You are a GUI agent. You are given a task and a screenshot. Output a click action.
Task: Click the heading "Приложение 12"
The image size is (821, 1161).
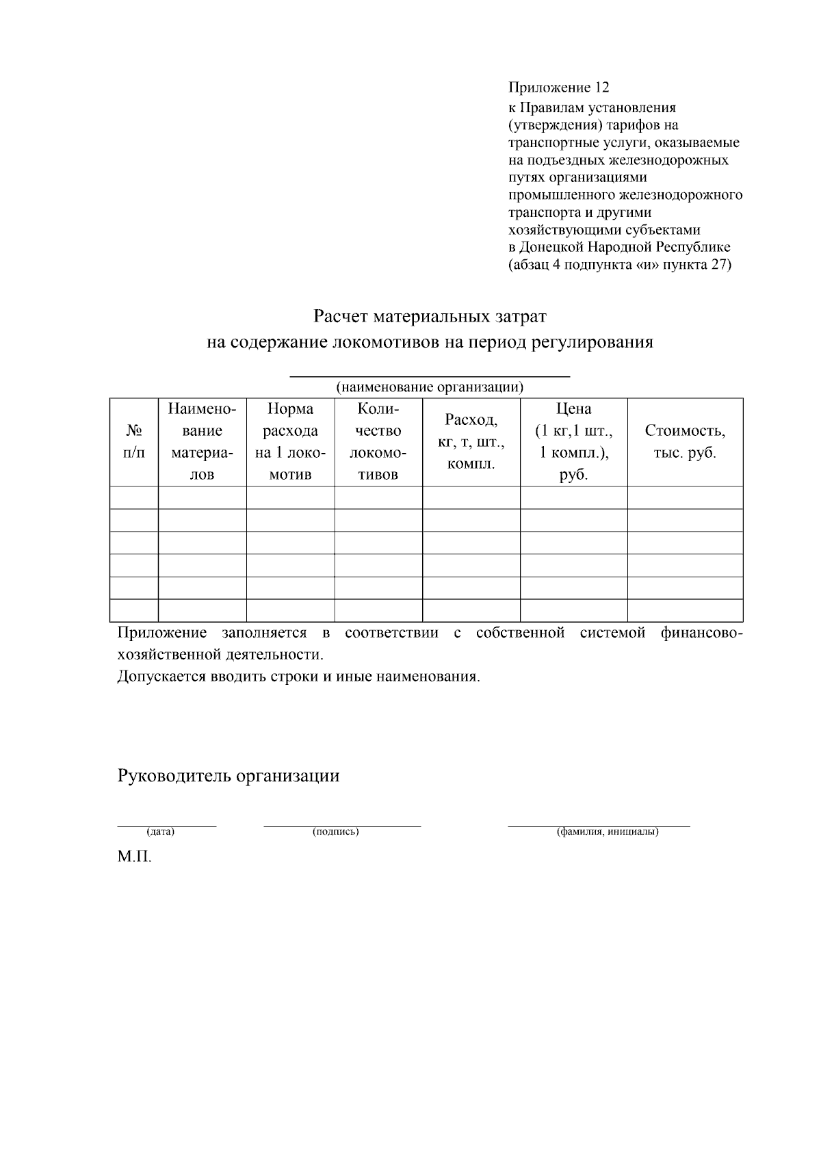pyautogui.click(x=558, y=88)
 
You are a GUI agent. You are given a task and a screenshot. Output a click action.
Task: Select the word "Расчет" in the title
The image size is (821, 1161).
pyautogui.click(x=340, y=317)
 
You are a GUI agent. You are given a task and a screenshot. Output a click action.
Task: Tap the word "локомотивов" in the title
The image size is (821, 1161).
pyautogui.click(x=386, y=343)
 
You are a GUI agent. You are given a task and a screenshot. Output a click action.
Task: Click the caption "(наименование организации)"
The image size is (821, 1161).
pyautogui.click(x=430, y=388)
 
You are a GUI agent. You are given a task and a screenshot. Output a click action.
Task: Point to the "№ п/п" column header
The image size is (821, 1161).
pyautogui.click(x=134, y=442)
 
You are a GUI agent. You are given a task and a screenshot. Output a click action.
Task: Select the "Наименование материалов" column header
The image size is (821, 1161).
pyautogui.click(x=202, y=442)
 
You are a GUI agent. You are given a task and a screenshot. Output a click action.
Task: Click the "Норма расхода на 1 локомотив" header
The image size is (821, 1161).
pyautogui.click(x=290, y=442)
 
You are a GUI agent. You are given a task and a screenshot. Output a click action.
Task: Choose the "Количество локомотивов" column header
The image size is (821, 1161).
pyautogui.click(x=378, y=442)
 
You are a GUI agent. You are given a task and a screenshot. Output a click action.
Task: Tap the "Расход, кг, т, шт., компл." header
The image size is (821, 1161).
pyautogui.click(x=471, y=442)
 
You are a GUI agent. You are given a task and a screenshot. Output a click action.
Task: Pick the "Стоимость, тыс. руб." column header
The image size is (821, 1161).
pyautogui.click(x=685, y=442)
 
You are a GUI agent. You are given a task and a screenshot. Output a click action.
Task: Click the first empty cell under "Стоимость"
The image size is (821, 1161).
pyautogui.click(x=685, y=498)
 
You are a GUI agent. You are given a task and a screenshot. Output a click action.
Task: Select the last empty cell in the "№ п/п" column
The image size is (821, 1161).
pyautogui.click(x=134, y=610)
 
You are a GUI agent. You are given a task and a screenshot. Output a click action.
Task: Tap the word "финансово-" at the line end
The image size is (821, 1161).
pyautogui.click(x=702, y=633)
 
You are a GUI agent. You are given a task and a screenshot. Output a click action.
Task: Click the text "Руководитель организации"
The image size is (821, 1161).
pyautogui.click(x=229, y=777)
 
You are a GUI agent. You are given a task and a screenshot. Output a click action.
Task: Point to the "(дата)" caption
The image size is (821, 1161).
pyautogui.click(x=160, y=833)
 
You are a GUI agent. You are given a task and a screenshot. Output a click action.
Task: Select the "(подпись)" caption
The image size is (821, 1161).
pyautogui.click(x=336, y=833)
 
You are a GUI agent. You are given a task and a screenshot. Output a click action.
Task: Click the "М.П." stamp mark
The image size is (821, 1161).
pyautogui.click(x=134, y=857)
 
